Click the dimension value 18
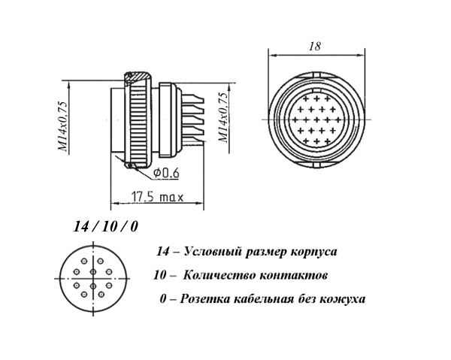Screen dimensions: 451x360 tap(315, 47)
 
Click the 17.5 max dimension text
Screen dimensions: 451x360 tap(157, 197)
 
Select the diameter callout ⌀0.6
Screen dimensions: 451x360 tap(166, 173)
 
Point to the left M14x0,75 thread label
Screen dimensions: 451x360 tap(63, 126)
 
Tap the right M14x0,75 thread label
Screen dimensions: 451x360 tap(224, 118)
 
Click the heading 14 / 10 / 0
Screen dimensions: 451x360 tap(105, 226)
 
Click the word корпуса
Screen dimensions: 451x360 tap(313, 253)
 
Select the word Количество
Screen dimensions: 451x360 tap(218, 276)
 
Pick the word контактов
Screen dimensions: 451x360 tap(293, 276)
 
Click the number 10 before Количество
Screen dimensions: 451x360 tap(159, 276)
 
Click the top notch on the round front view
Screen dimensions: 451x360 tap(316, 74)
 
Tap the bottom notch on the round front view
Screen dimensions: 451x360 tap(316, 165)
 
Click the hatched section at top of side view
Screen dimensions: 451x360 tap(138, 77)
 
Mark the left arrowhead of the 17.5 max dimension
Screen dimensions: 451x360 tap(114, 203)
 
